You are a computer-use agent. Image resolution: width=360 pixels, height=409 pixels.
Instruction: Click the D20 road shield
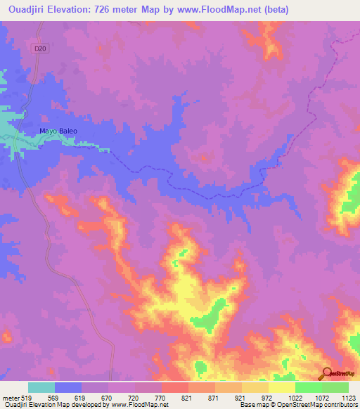point(44,48)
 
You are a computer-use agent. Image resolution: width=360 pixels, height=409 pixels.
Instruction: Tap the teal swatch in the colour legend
point(41,387)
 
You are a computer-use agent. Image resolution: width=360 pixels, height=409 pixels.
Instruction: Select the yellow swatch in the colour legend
point(281,387)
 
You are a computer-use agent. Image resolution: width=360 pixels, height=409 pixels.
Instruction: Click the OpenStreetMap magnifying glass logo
point(327,373)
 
